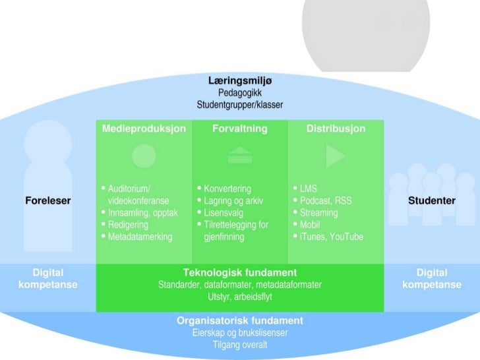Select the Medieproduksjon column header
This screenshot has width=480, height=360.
click(x=144, y=129)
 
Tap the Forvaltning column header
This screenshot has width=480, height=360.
click(x=239, y=129)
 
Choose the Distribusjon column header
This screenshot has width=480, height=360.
click(x=336, y=129)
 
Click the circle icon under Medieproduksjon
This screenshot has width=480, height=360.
click(x=144, y=156)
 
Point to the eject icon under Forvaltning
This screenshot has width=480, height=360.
click(x=239, y=156)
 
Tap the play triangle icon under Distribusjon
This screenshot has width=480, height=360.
click(x=335, y=156)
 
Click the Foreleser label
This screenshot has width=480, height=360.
click(x=47, y=200)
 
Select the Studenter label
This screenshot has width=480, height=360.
click(x=432, y=200)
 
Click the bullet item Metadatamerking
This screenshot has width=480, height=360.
click(x=140, y=237)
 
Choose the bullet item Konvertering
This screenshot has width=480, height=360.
click(x=227, y=189)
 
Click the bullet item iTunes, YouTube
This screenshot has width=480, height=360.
click(x=331, y=237)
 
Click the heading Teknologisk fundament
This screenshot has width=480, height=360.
click(x=239, y=272)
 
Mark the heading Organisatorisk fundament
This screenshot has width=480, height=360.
click(x=239, y=321)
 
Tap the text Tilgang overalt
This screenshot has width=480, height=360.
click(x=239, y=345)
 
